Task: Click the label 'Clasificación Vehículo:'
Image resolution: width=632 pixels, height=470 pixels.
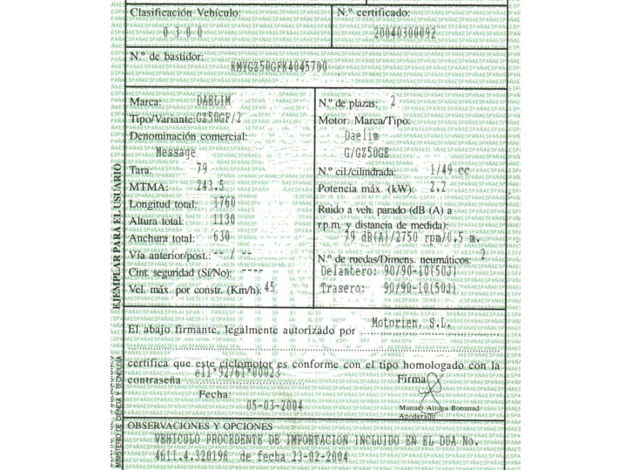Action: click(184, 13)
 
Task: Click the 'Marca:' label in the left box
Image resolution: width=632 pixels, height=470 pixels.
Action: click(149, 103)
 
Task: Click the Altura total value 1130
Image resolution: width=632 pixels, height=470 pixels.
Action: click(224, 221)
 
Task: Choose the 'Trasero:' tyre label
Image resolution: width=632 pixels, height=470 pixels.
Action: click(341, 287)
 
